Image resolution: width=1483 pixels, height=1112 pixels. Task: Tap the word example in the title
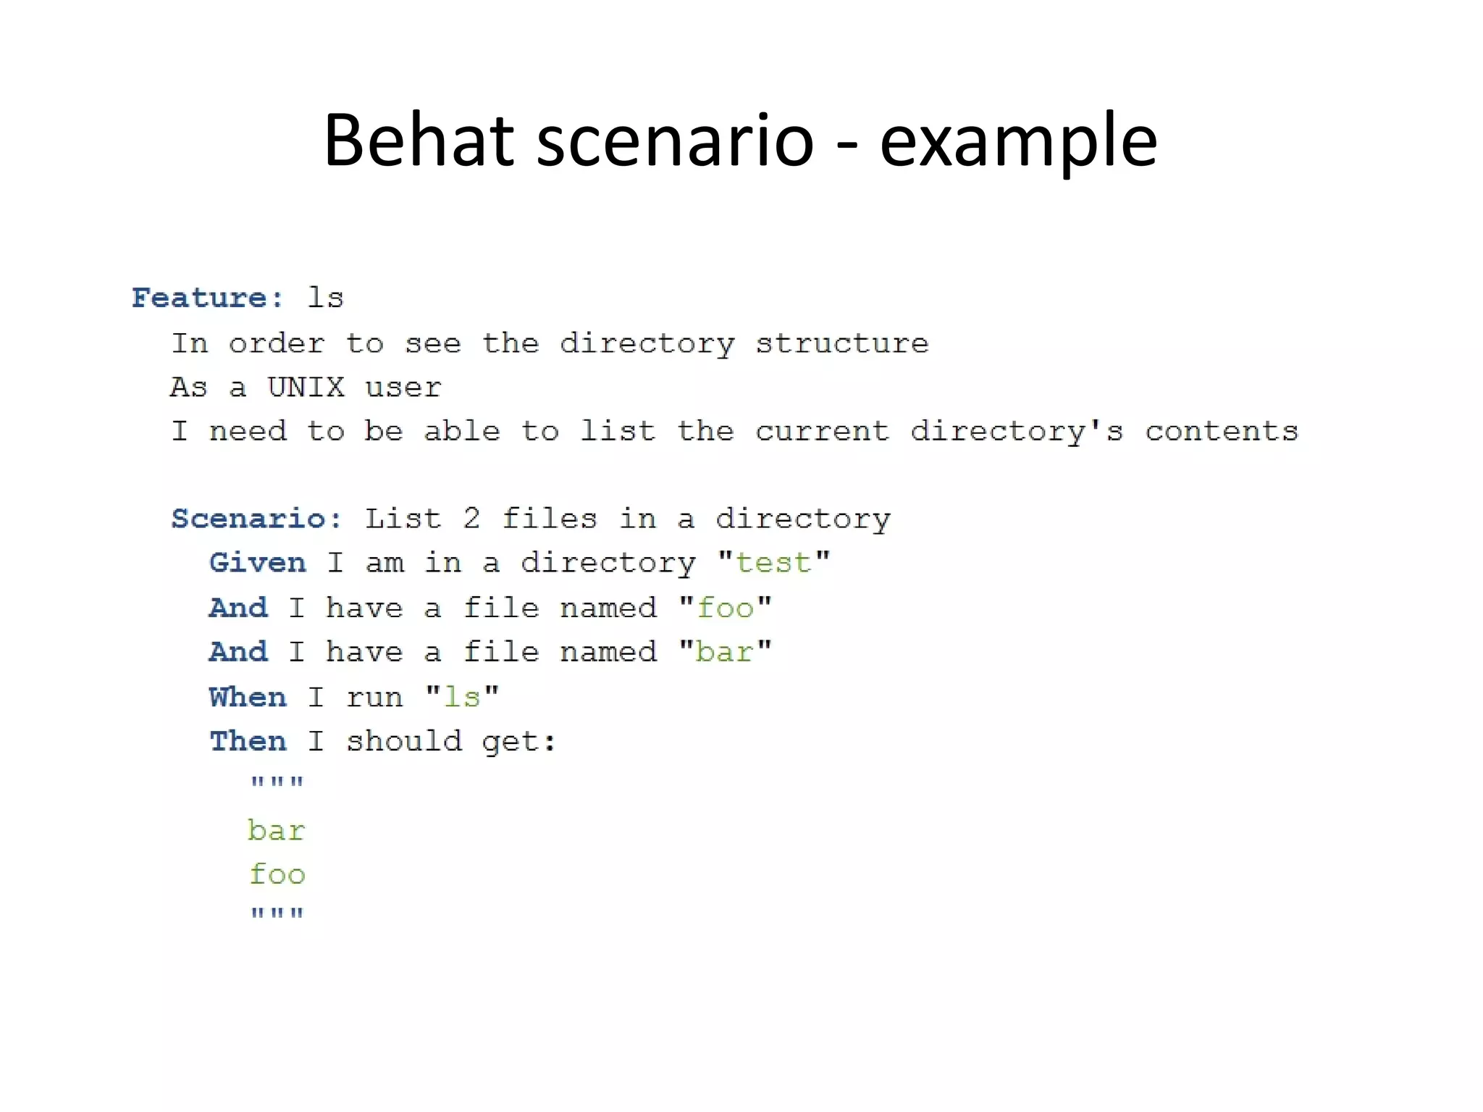click(1018, 141)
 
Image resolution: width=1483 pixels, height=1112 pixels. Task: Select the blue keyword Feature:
click(208, 298)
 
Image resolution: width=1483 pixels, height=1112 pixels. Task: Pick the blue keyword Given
click(258, 563)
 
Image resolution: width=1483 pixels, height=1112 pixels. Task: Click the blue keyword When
click(248, 697)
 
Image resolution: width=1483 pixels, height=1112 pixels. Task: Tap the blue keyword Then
click(248, 741)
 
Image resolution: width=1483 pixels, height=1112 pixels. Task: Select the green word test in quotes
click(773, 563)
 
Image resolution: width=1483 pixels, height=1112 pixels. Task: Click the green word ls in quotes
click(462, 697)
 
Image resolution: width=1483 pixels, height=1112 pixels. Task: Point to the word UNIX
click(306, 387)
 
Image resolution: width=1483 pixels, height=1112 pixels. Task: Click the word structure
click(842, 343)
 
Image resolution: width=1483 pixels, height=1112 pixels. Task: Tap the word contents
click(1222, 431)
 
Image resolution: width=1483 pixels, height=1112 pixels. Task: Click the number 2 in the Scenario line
click(471, 519)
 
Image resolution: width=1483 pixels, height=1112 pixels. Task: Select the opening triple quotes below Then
click(277, 783)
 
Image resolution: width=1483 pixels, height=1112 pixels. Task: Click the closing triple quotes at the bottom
click(277, 914)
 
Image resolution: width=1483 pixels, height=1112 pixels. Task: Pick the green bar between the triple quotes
click(276, 830)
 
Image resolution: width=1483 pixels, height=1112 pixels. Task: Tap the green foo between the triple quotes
click(277, 874)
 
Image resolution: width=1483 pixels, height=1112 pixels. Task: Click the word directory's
click(1017, 431)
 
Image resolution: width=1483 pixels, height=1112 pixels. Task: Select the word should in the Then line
click(403, 741)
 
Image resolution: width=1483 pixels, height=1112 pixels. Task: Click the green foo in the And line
click(725, 608)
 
